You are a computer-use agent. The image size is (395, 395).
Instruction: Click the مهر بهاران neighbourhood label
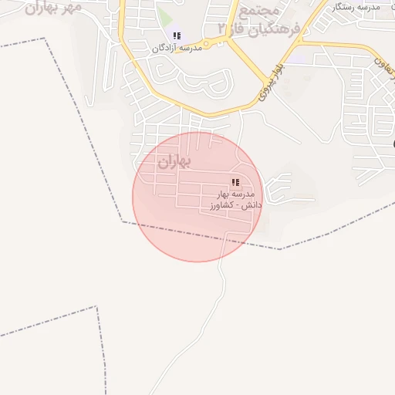[52, 8]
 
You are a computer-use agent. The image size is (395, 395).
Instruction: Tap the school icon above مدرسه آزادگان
[177, 35]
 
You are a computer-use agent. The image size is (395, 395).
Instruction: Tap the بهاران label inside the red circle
[173, 163]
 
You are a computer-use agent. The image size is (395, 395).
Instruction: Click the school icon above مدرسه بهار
[235, 183]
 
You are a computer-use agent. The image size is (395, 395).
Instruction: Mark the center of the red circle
[197, 197]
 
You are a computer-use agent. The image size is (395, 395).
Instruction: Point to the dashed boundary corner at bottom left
[97, 307]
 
